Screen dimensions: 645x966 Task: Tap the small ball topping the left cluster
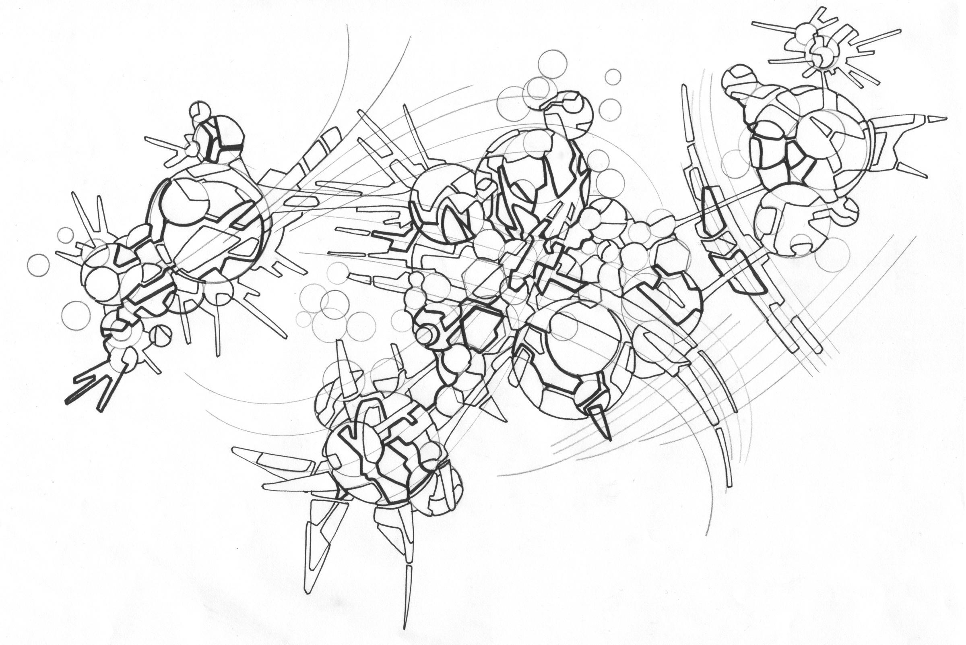coord(200,111)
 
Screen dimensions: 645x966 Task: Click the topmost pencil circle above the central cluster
coord(552,64)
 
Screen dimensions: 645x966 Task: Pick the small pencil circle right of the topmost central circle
coord(613,76)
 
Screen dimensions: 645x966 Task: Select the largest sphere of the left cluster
coord(211,224)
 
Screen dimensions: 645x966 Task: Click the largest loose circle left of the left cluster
coord(76,315)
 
